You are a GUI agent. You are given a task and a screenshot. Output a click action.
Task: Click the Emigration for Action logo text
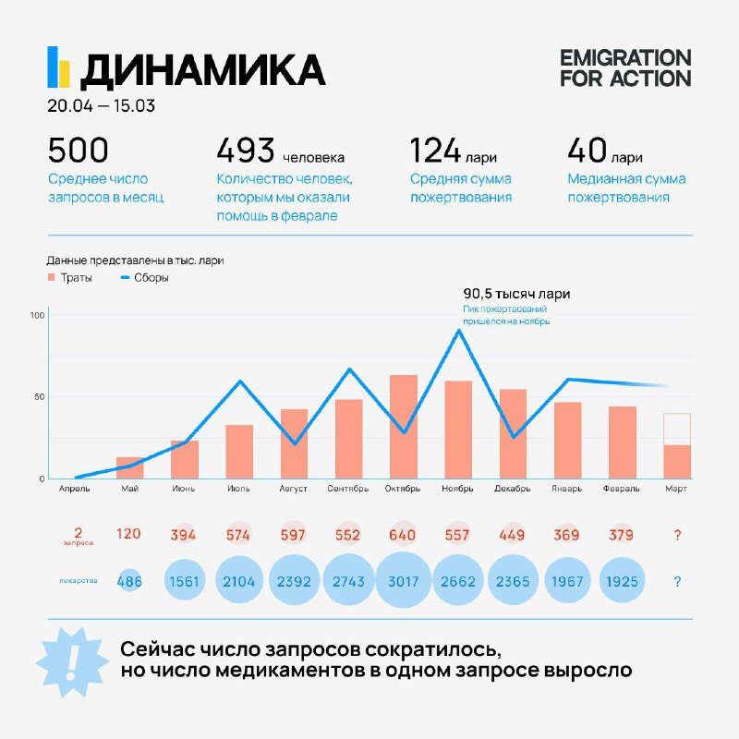(x=625, y=68)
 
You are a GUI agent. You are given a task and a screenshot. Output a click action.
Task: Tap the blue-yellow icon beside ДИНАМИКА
(x=58, y=67)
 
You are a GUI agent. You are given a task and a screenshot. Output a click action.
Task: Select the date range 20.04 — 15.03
(x=101, y=105)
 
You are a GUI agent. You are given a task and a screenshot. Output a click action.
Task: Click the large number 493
(x=246, y=150)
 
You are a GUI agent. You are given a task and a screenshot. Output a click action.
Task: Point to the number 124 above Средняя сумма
(x=435, y=150)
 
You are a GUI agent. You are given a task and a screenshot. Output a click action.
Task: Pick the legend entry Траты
(x=70, y=278)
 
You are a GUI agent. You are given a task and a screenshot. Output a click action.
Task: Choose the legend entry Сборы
(x=145, y=278)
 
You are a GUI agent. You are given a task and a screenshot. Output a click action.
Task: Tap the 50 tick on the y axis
(x=40, y=397)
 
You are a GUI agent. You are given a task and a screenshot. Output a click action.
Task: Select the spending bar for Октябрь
(x=404, y=427)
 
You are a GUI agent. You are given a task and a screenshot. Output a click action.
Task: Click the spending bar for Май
(x=130, y=467)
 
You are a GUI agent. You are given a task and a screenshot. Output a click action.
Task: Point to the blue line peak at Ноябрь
(x=458, y=330)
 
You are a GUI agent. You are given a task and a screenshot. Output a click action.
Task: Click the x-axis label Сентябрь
(x=348, y=489)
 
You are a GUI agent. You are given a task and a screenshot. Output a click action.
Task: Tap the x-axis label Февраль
(x=621, y=489)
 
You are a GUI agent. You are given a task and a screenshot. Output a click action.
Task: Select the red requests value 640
(x=403, y=535)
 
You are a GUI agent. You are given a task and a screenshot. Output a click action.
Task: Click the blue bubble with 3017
(x=404, y=580)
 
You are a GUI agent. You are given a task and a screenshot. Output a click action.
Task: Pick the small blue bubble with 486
(x=129, y=581)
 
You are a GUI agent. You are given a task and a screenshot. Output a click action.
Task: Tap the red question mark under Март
(x=677, y=535)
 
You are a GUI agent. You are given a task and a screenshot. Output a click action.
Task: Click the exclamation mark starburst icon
(x=72, y=661)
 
